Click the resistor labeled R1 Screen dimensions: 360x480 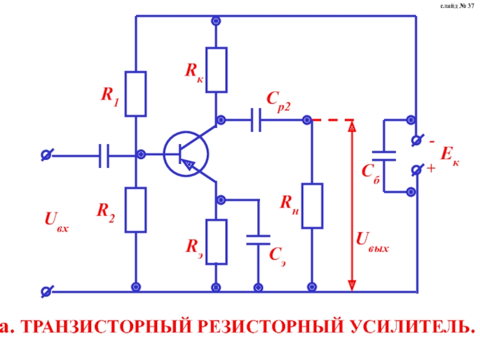click(136, 94)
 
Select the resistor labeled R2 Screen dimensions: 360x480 click(136, 209)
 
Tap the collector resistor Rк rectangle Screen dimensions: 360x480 click(217, 70)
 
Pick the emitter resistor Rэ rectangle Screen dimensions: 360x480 click(217, 242)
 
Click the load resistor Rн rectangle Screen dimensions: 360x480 click(313, 206)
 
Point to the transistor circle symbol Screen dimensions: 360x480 click(186, 154)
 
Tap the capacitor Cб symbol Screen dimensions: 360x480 click(384, 155)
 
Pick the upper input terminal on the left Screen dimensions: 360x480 click(45, 155)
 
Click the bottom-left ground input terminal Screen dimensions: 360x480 click(45, 292)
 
